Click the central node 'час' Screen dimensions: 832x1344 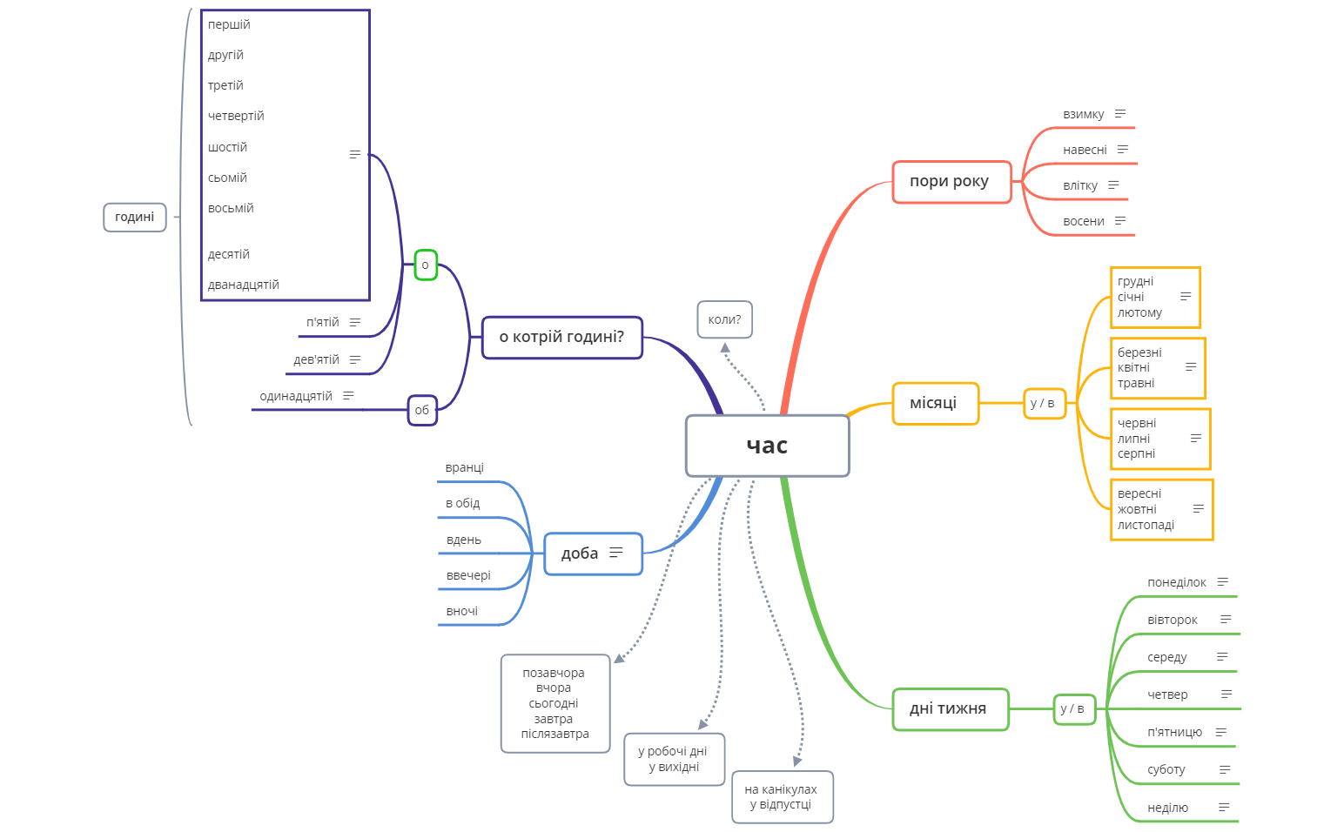[767, 446]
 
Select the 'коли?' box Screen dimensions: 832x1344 [724, 319]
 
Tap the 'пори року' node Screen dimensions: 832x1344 [951, 182]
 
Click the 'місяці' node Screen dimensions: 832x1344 [935, 403]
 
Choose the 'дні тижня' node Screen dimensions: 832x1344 [950, 709]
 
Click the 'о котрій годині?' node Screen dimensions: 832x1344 [561, 337]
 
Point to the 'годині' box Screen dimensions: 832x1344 [134, 217]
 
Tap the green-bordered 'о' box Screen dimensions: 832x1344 [425, 265]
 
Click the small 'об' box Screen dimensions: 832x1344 [422, 410]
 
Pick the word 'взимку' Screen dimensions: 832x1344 [1083, 114]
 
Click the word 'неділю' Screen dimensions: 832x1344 [1167, 808]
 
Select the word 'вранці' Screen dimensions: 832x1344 [464, 467]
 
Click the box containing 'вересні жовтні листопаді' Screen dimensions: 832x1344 [1160, 509]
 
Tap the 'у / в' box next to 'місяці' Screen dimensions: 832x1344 [1043, 403]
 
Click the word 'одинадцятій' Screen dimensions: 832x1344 [296, 396]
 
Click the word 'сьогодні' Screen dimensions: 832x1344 [554, 703]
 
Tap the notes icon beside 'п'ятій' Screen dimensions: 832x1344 [355, 322]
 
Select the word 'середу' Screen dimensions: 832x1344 [1166, 657]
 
